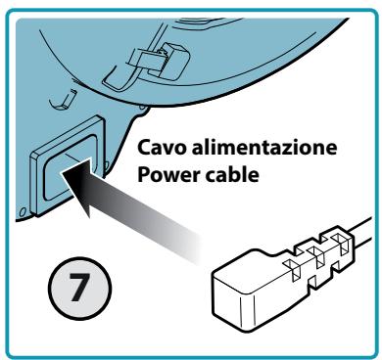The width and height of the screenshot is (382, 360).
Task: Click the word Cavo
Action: [162, 148]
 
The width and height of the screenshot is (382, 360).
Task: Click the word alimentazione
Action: [264, 147]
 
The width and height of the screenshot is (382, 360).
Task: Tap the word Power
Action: [168, 175]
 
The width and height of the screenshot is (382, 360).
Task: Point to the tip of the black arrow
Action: [62, 173]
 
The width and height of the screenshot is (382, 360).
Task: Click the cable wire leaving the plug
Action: [362, 235]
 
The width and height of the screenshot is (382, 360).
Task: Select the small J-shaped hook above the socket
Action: [62, 100]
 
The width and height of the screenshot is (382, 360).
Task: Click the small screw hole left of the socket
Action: [23, 212]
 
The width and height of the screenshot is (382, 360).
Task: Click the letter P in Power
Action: [144, 175]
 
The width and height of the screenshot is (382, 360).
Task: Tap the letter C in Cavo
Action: [144, 148]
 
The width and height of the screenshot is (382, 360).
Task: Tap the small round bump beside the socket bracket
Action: [142, 108]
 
